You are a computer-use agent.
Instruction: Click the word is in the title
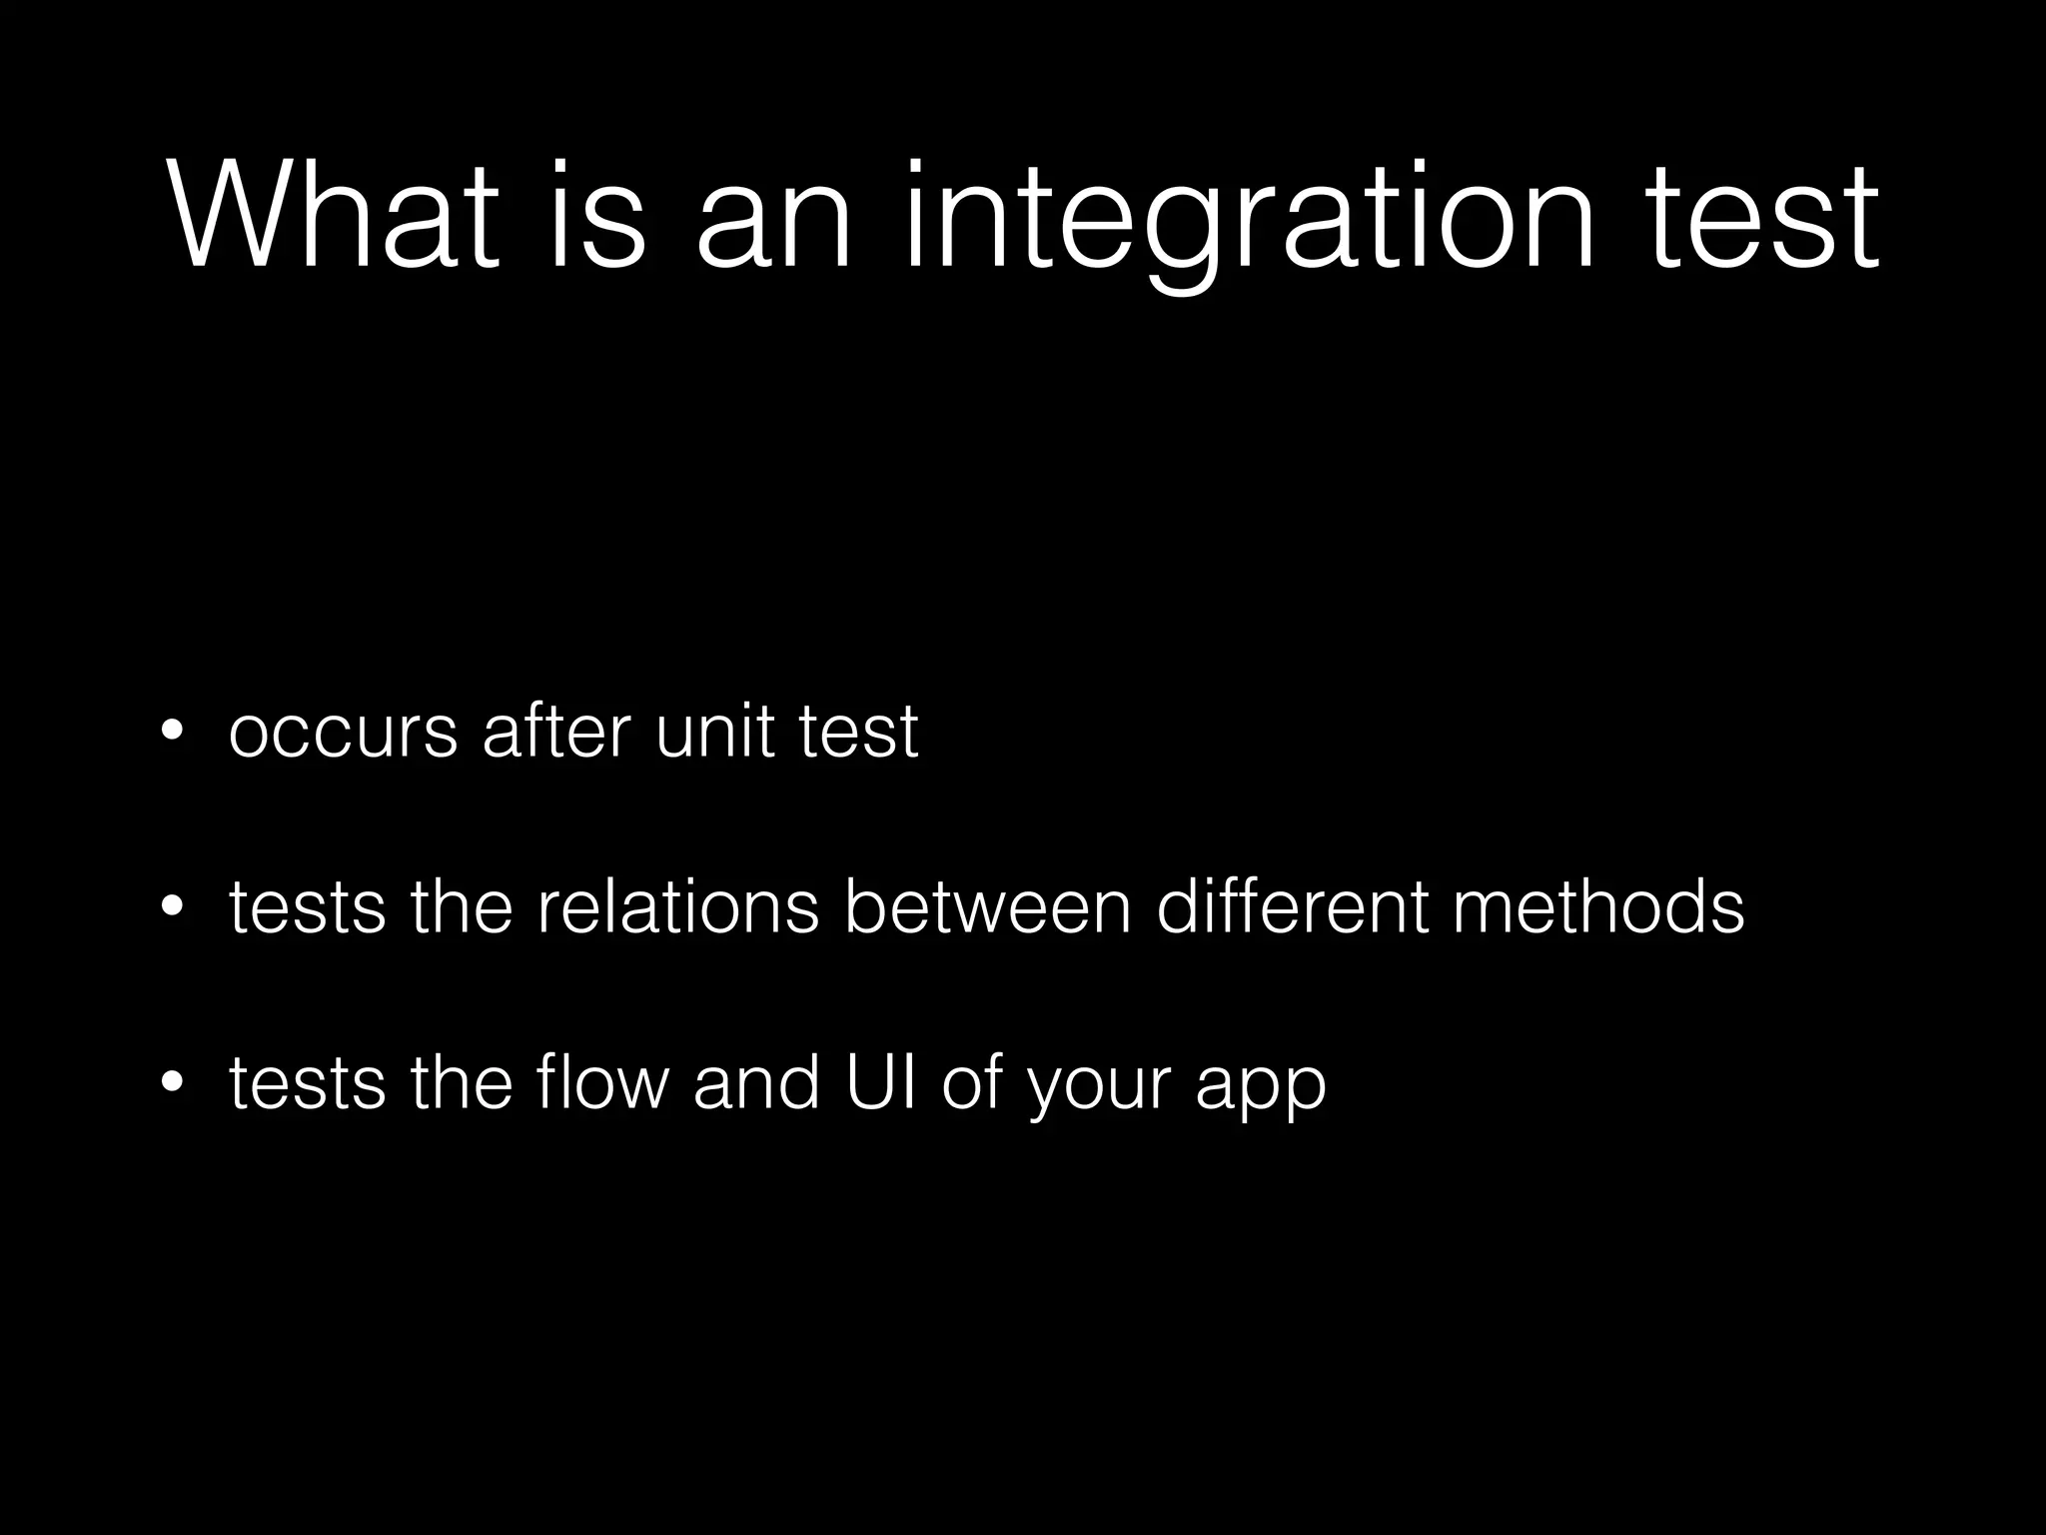coord(597,217)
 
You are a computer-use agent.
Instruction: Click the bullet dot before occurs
coord(173,732)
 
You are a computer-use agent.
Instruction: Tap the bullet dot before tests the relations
coord(173,907)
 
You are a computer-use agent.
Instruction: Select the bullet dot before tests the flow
coord(173,1083)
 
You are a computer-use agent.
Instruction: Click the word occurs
coord(343,734)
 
